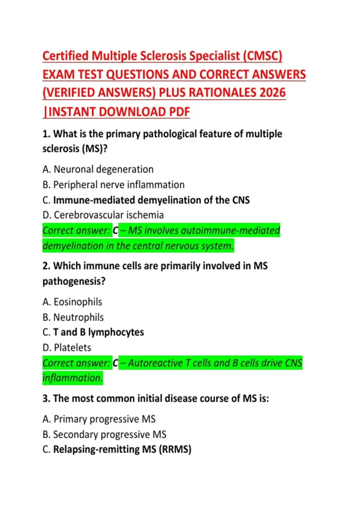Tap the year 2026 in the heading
272,93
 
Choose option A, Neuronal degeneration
98,169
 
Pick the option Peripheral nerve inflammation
119,185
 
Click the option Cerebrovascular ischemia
109,215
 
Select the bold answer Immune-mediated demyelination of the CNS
151,200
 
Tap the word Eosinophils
78,302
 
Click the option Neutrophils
79,317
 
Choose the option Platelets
72,348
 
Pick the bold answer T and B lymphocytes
98,332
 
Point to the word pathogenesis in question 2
73,281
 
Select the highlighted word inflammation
72,378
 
